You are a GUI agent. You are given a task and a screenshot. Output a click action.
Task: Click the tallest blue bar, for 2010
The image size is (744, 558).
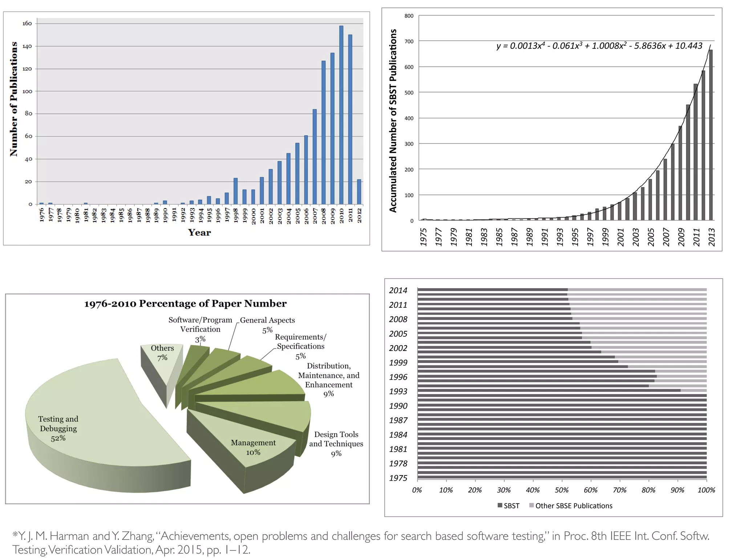341,114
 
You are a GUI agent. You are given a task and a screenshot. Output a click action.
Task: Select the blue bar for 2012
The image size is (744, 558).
359,191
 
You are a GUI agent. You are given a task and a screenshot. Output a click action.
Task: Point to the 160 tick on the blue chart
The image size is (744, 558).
27,24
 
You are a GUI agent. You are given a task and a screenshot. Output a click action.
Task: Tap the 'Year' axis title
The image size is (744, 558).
199,232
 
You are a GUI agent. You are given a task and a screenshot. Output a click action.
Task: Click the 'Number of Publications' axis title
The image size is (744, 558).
14,99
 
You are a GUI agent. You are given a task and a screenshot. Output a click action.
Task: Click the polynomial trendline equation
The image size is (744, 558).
599,46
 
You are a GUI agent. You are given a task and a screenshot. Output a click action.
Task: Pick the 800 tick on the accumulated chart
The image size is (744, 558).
409,16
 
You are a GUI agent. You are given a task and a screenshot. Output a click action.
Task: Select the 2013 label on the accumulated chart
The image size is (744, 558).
711,237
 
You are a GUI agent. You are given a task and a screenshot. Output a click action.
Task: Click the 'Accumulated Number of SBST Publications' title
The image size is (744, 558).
393,121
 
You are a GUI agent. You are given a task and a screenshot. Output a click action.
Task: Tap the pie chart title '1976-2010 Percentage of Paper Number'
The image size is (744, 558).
185,303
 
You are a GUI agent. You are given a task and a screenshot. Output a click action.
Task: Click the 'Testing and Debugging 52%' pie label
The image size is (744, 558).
58,428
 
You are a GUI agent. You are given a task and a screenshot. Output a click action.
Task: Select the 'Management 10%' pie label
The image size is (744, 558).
253,447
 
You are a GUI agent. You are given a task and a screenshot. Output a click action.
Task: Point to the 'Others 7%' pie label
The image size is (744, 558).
162,352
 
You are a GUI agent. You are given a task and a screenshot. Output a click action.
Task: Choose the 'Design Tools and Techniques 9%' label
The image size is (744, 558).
336,444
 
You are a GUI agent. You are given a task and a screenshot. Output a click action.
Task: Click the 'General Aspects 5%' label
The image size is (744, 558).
267,324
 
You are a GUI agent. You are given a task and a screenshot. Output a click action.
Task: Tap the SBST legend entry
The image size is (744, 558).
508,506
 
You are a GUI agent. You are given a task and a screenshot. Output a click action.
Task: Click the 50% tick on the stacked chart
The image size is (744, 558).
562,490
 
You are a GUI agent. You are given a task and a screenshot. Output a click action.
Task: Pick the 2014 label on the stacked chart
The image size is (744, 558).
398,290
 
